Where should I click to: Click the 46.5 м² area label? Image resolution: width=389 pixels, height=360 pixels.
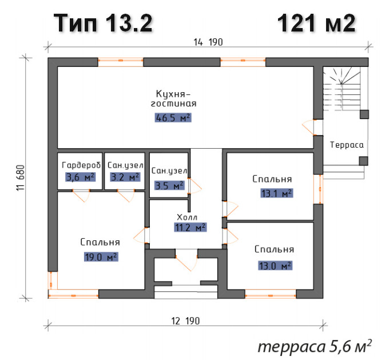(x=173, y=118)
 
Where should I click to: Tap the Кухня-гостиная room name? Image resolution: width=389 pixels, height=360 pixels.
(x=173, y=99)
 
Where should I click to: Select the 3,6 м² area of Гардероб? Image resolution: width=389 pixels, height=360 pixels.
(x=81, y=177)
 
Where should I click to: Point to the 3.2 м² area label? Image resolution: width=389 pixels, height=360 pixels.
(x=125, y=177)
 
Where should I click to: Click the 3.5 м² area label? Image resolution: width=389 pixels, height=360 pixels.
(x=170, y=185)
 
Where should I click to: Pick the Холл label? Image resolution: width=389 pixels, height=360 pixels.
(x=187, y=217)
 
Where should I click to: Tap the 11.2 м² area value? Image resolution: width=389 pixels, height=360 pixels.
(x=190, y=227)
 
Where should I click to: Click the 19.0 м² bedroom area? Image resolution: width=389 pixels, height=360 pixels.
(x=101, y=257)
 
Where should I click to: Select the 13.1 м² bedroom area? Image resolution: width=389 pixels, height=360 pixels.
(x=277, y=193)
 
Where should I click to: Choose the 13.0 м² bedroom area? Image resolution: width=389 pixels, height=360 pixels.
(x=275, y=266)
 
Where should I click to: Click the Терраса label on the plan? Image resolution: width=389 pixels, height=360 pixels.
(x=347, y=145)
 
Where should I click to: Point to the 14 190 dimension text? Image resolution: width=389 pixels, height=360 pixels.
(x=208, y=42)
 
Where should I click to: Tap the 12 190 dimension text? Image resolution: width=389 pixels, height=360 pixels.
(x=185, y=321)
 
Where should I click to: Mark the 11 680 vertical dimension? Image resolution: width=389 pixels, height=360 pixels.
(x=21, y=177)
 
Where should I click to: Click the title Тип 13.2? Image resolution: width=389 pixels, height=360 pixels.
(x=103, y=23)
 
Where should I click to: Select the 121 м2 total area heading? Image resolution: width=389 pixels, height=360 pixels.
(x=316, y=23)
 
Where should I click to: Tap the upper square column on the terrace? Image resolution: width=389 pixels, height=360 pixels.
(x=364, y=114)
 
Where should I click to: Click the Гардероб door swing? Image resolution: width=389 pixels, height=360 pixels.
(x=82, y=195)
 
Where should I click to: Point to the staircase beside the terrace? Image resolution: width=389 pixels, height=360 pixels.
(x=342, y=89)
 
